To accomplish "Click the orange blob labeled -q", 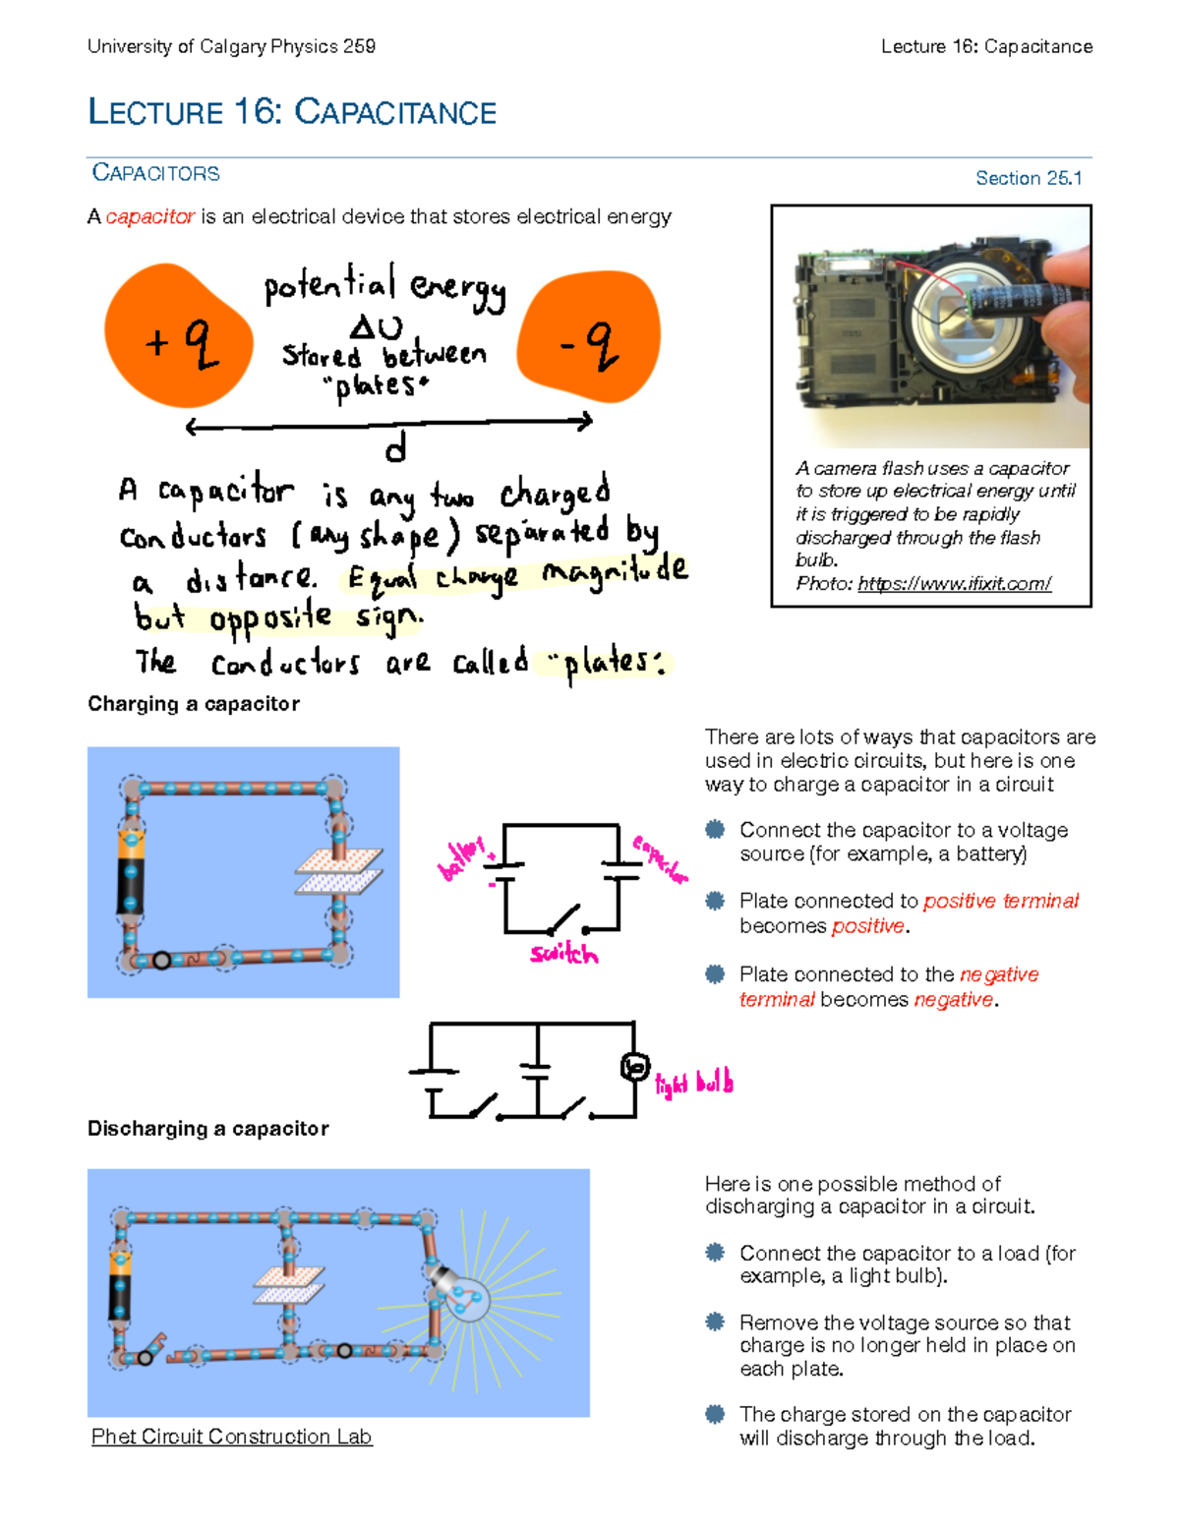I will (x=588, y=336).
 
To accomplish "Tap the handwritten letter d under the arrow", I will (x=395, y=449).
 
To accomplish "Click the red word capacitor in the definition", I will (x=149, y=216).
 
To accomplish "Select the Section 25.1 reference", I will (x=1028, y=178).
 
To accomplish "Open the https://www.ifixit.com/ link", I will (x=954, y=584).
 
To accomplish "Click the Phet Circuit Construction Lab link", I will (x=231, y=1437).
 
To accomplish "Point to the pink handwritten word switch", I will (x=563, y=953).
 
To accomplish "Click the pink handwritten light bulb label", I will (x=694, y=1084).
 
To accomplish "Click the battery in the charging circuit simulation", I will (x=131, y=872).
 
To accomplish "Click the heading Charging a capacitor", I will (x=194, y=704).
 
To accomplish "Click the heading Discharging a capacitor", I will (x=208, y=1129).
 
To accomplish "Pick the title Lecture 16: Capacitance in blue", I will (x=292, y=112).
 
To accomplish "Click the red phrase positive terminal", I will (x=1000, y=901).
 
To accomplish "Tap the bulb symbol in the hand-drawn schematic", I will (x=635, y=1067).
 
